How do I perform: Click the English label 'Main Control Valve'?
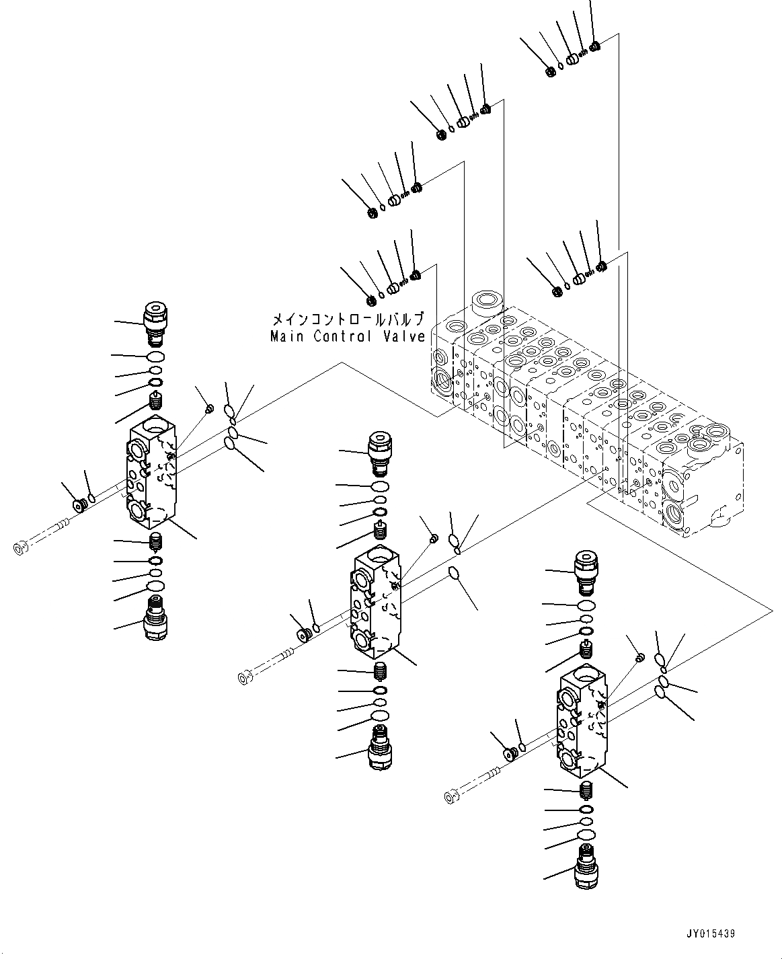click(347, 336)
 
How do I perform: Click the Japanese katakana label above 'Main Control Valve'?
click(348, 318)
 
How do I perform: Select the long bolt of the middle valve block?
click(266, 664)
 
